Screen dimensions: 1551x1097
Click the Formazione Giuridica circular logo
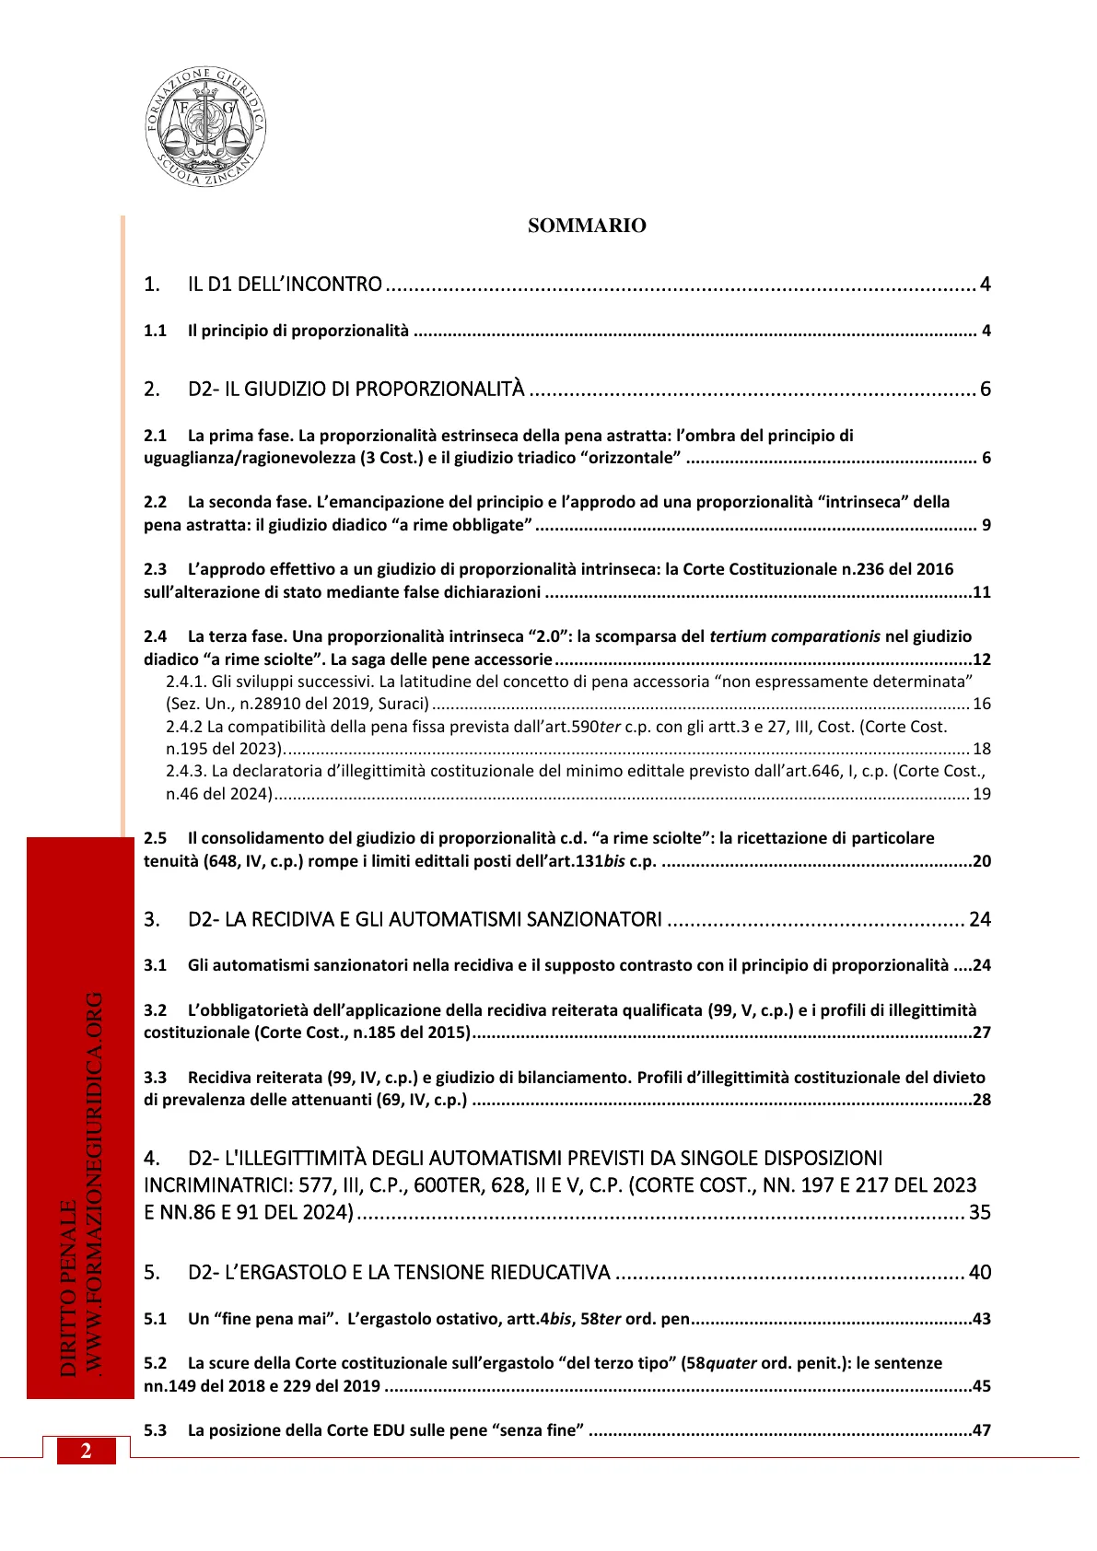point(205,126)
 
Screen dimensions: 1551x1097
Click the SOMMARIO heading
point(587,226)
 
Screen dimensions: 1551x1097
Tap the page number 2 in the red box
point(86,1451)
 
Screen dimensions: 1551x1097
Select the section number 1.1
point(155,331)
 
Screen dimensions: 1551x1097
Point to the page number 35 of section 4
point(979,1212)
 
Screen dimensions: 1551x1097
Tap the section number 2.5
point(155,838)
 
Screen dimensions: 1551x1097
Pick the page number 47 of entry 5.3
point(981,1430)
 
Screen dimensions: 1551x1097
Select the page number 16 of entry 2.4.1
point(982,704)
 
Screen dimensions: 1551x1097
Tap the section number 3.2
point(155,1010)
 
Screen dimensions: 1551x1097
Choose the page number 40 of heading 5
point(979,1272)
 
